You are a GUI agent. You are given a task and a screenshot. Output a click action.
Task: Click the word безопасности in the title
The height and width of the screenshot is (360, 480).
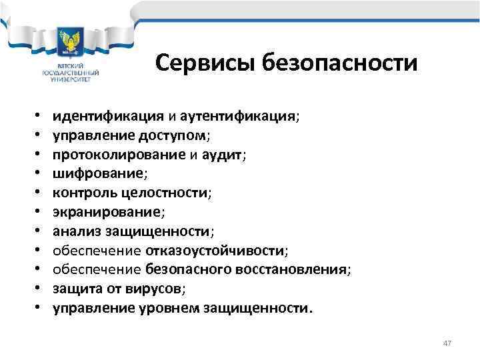click(340, 64)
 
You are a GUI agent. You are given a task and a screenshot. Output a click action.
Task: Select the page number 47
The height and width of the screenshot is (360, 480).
click(447, 343)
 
